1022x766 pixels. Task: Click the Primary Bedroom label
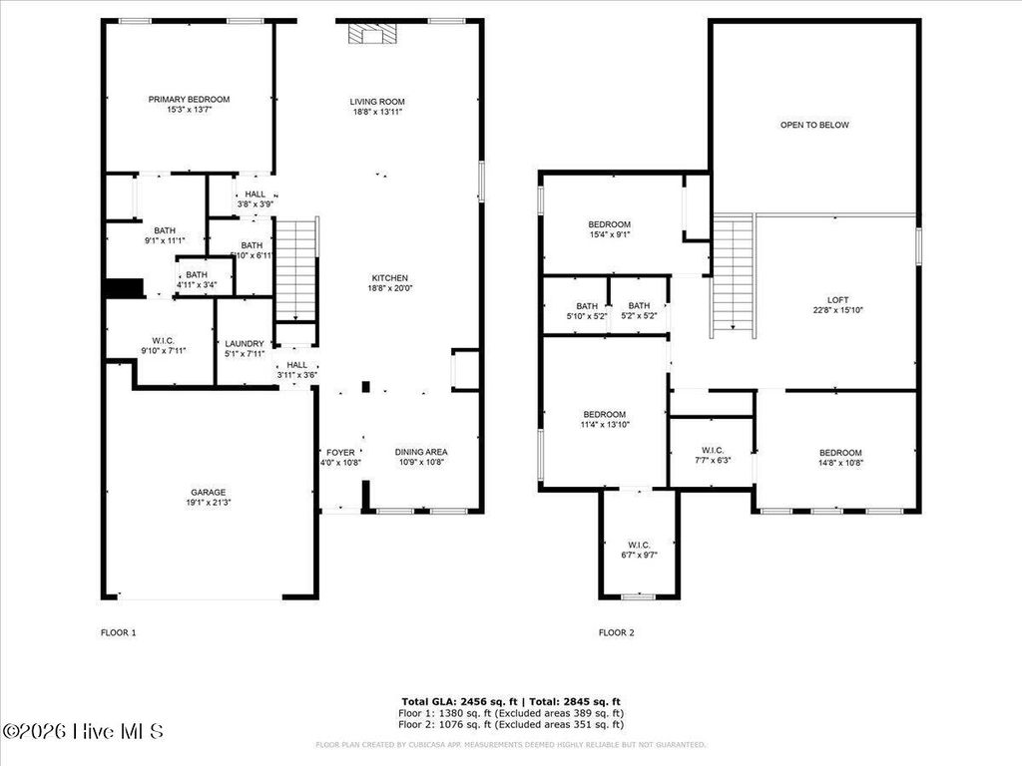point(189,100)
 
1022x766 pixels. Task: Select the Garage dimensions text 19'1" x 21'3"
point(209,503)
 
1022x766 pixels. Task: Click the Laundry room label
point(244,343)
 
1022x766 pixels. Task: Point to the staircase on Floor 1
point(295,269)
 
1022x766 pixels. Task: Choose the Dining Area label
point(420,452)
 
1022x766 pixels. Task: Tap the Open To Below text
point(814,125)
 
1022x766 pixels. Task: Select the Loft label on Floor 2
point(837,298)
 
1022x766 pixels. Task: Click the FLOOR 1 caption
point(118,632)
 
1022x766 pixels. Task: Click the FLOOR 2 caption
point(616,632)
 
